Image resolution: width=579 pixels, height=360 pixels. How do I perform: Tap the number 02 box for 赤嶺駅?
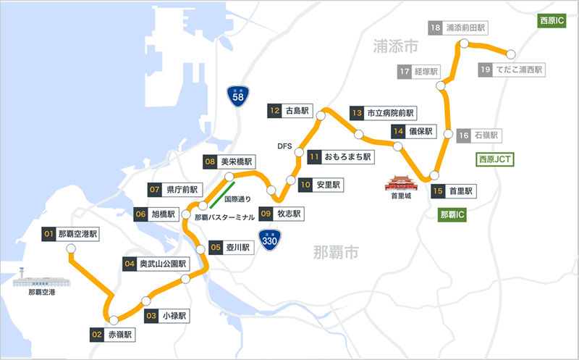(97, 335)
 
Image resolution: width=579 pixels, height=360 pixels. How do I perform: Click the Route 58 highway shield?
(236, 96)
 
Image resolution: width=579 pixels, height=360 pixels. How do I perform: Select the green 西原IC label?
(552, 21)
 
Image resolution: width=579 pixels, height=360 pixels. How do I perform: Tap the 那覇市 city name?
(336, 253)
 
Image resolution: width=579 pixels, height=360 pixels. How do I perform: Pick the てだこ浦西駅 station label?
(519, 70)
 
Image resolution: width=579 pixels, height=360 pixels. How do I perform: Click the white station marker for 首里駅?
(434, 175)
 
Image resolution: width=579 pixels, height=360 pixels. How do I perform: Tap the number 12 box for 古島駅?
(274, 111)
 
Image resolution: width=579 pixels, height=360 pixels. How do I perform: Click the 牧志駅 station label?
(289, 214)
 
